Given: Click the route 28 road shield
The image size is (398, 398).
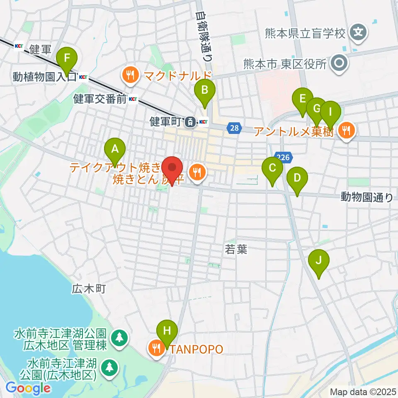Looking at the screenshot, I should pos(234,129).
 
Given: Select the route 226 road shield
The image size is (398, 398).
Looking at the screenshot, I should pos(284,157).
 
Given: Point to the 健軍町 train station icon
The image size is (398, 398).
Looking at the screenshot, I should pos(190,122).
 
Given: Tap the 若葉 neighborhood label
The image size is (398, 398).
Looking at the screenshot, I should pos(236,249).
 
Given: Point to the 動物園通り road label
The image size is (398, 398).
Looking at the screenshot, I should pos(366,197).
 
